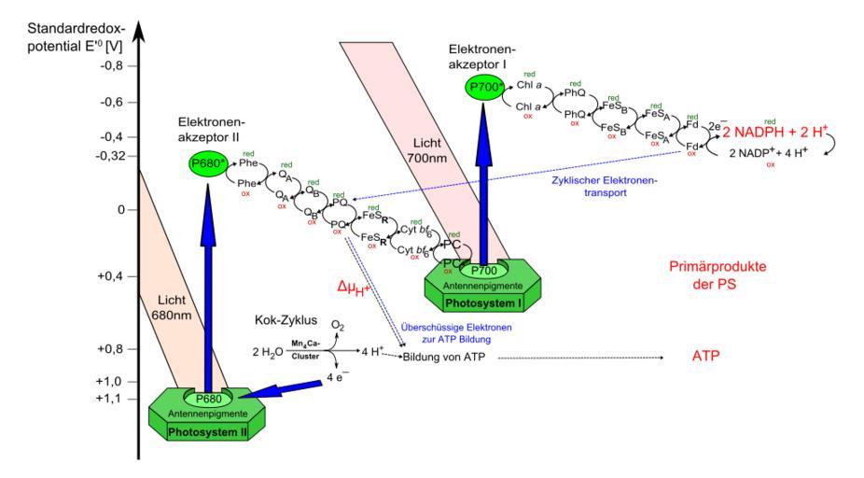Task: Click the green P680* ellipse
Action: click(x=206, y=164)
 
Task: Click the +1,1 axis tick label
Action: click(x=111, y=399)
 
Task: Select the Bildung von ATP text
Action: click(x=444, y=357)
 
